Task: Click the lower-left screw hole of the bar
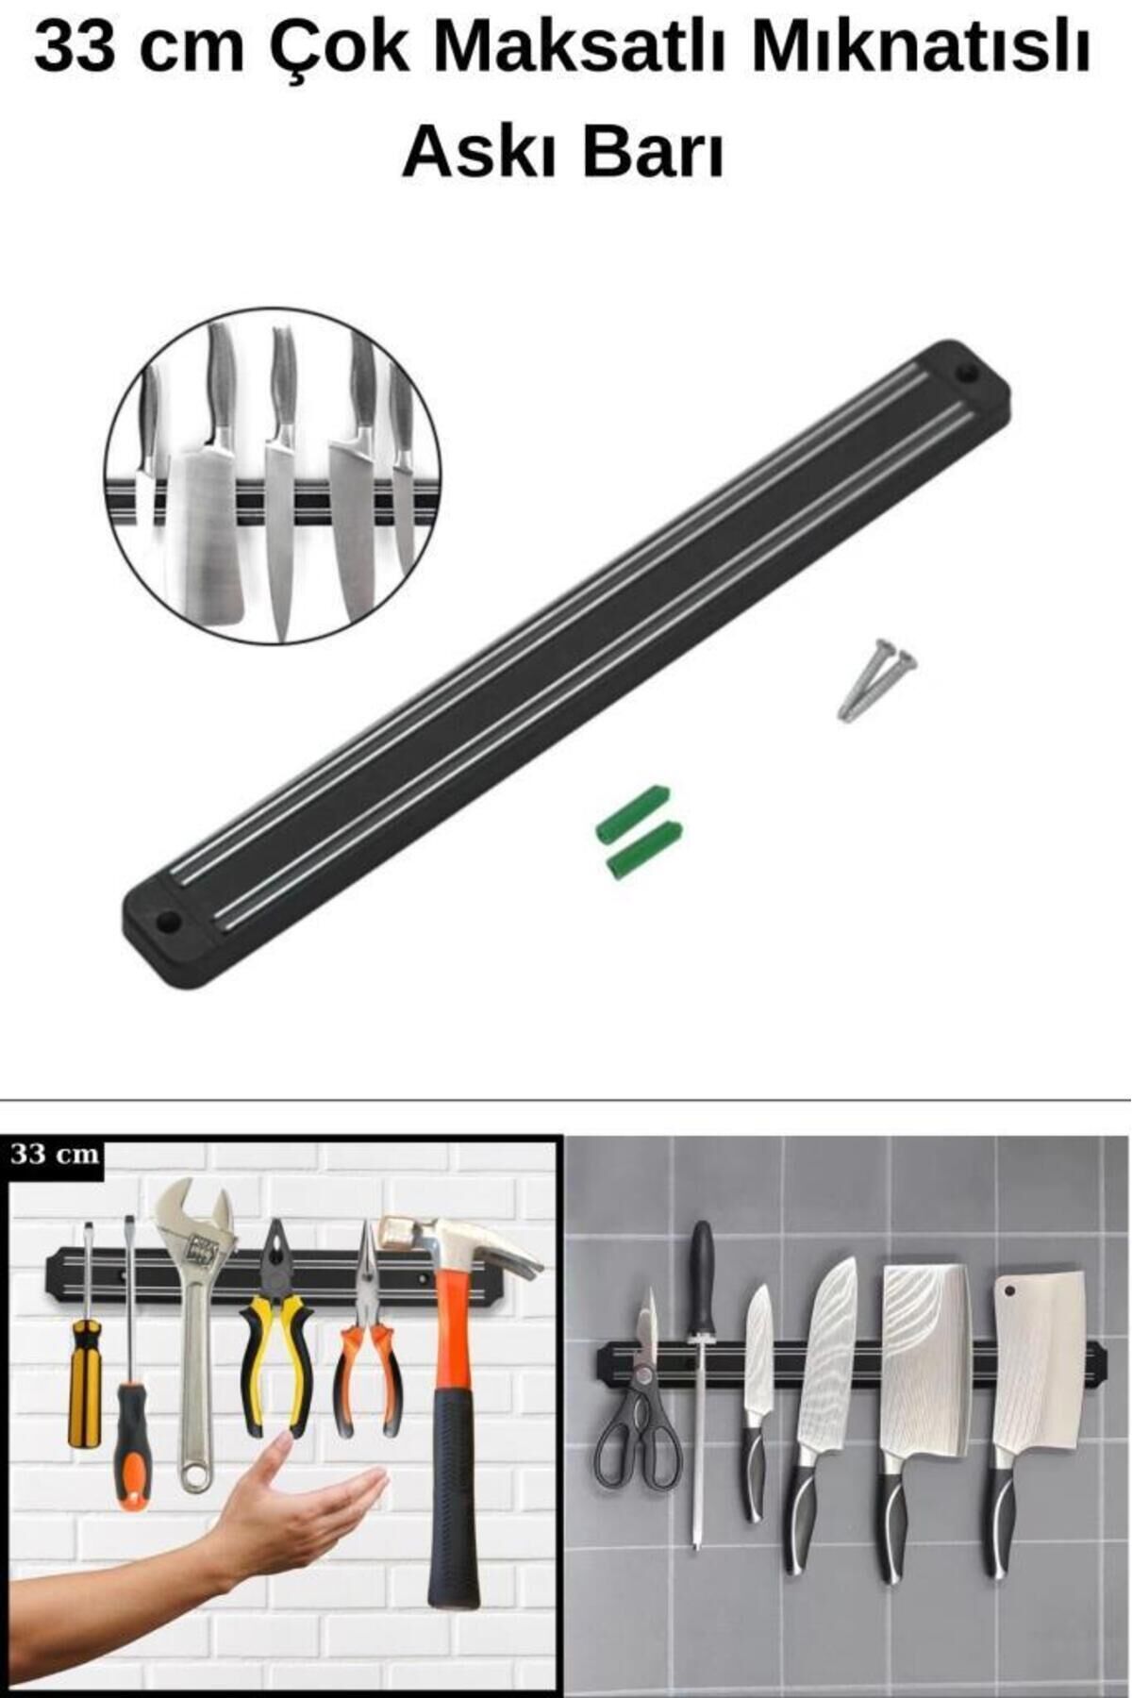168,919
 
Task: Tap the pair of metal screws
877,678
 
